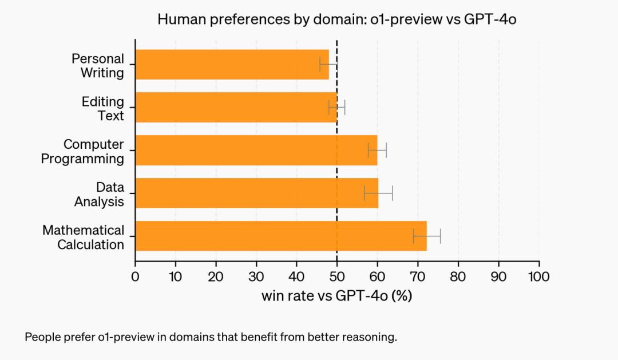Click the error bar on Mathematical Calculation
pos(427,236)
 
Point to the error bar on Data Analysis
pos(378,193)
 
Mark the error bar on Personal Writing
pos(328,64)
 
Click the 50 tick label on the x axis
pos(336,277)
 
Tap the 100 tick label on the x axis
pos(538,277)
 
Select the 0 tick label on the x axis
pos(135,277)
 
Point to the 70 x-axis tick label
pos(418,277)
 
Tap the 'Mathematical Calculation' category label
pos(83,237)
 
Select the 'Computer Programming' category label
pos(82,152)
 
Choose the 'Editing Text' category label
pos(102,108)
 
